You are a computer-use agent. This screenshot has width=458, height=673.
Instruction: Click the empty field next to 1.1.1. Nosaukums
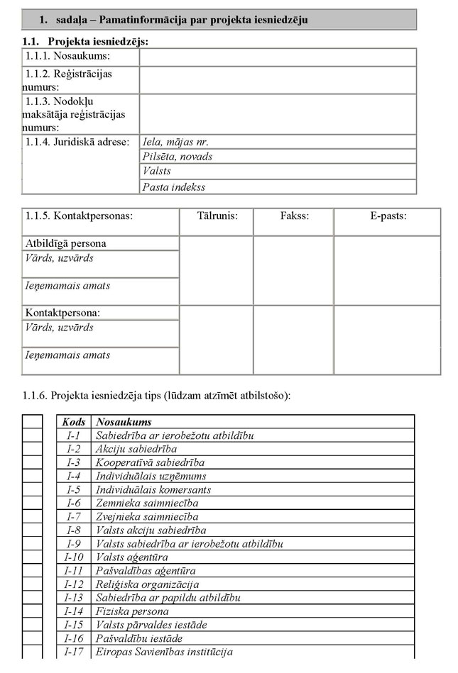(277, 57)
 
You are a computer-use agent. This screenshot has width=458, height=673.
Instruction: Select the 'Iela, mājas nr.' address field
(277, 142)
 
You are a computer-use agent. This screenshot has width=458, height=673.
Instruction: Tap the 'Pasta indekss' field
(277, 187)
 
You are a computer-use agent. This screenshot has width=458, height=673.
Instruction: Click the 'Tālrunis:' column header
(217, 216)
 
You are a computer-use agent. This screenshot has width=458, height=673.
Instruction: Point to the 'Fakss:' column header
(293, 216)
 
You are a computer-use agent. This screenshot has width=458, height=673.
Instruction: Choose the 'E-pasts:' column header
(388, 216)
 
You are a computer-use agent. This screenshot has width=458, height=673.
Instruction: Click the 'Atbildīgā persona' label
(65, 243)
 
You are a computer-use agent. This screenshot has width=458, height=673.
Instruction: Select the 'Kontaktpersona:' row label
(62, 313)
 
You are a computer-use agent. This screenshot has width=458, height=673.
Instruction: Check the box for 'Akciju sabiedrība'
(32, 449)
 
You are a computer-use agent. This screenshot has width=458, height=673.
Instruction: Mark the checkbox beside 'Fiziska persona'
(32, 611)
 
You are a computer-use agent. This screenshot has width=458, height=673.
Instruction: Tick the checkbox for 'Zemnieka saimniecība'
(32, 503)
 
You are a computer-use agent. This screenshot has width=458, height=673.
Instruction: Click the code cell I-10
(74, 557)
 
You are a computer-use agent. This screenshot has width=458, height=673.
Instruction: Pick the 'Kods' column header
(74, 422)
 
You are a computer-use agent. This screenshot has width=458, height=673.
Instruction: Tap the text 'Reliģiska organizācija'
(147, 584)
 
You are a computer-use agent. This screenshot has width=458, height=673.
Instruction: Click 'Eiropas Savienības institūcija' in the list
(164, 652)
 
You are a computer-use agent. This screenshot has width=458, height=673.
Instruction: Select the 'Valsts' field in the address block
(277, 172)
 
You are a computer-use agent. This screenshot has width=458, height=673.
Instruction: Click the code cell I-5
(74, 489)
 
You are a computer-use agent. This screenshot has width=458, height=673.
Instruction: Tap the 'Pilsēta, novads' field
(277, 157)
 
